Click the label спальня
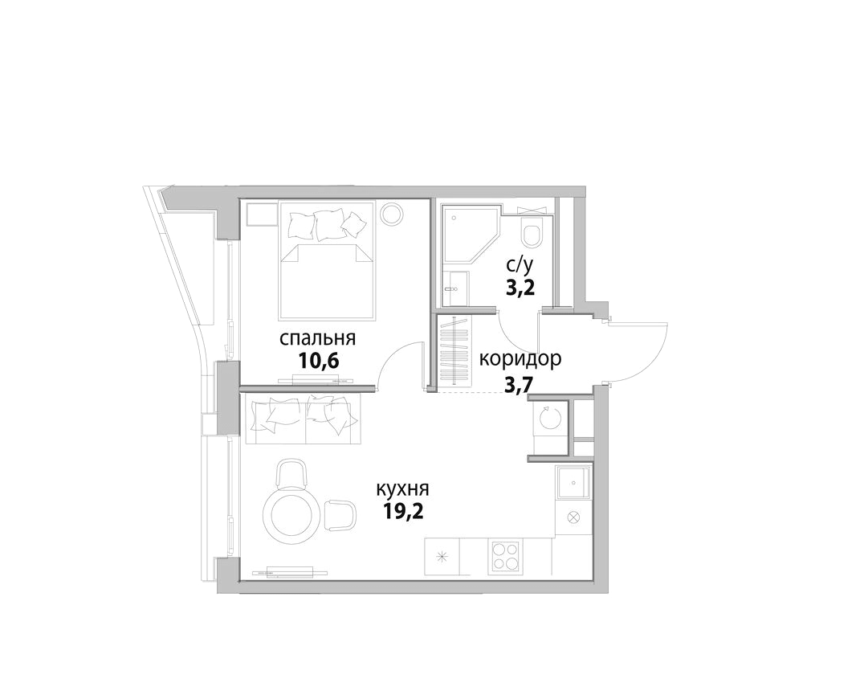tap(317, 338)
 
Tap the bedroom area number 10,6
tap(318, 362)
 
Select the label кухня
tap(402, 489)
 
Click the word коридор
tap(520, 359)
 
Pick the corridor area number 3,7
tap(519, 382)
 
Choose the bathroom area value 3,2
tap(520, 288)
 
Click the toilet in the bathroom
tap(532, 232)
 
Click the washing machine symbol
tap(548, 418)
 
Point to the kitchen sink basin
tap(573, 483)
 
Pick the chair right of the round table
tap(340, 514)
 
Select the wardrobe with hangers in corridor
tap(454, 351)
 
